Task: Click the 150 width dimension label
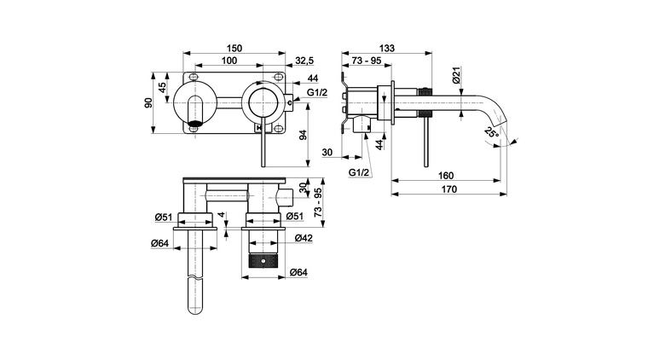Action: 234,49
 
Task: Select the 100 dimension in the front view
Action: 229,61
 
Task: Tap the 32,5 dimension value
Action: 304,61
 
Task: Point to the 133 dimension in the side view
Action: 387,48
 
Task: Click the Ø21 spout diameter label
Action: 456,75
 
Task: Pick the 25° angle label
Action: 492,133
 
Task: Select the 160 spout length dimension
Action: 446,176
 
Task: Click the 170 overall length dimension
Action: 449,189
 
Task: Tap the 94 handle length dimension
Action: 304,135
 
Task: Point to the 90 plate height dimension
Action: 148,103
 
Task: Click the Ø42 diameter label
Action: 304,238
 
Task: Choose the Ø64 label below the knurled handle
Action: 298,272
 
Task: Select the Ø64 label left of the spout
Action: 160,243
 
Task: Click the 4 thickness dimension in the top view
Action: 222,214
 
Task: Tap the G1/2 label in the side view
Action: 359,173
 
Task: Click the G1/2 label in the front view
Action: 317,93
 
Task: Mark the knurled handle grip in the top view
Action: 263,260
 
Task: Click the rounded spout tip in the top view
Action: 195,308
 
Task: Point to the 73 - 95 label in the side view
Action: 367,61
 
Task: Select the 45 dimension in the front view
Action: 162,87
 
